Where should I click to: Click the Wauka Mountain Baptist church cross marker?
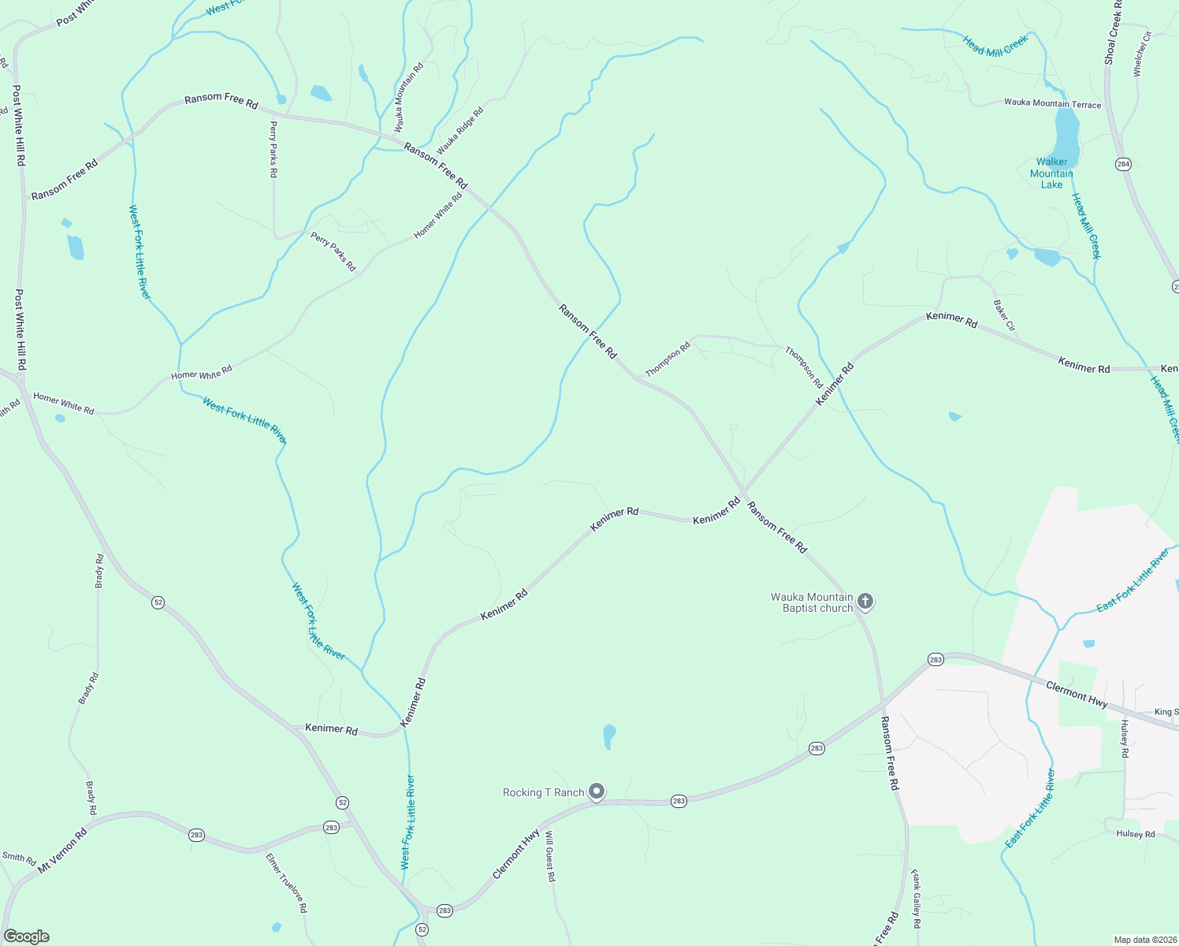coord(865,602)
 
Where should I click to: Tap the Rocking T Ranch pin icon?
coord(597,791)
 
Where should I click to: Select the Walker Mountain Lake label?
coord(1051,173)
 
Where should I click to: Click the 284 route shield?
coord(1123,164)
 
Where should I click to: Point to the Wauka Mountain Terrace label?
coord(1052,104)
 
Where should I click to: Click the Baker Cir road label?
coord(1004,315)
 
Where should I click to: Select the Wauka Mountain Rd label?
coord(409,97)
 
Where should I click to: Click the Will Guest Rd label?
coord(550,855)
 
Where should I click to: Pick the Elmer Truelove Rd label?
coord(286,883)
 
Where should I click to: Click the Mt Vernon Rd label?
coord(63,849)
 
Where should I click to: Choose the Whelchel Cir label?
coord(1142,54)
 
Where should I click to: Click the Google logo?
coord(26,937)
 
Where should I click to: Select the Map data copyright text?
coord(1144,940)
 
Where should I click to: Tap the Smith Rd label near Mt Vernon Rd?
coord(19,858)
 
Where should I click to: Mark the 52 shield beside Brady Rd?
coord(158,602)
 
